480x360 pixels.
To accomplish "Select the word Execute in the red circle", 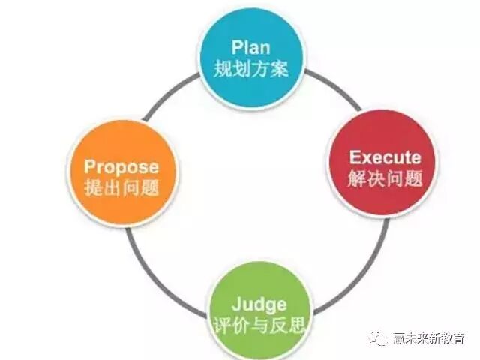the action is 385,158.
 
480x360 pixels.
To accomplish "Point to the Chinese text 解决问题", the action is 385,179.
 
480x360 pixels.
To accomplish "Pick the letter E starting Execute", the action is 354,158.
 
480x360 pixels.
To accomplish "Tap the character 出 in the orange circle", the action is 111,187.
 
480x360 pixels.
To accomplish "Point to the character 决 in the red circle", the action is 376,179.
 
